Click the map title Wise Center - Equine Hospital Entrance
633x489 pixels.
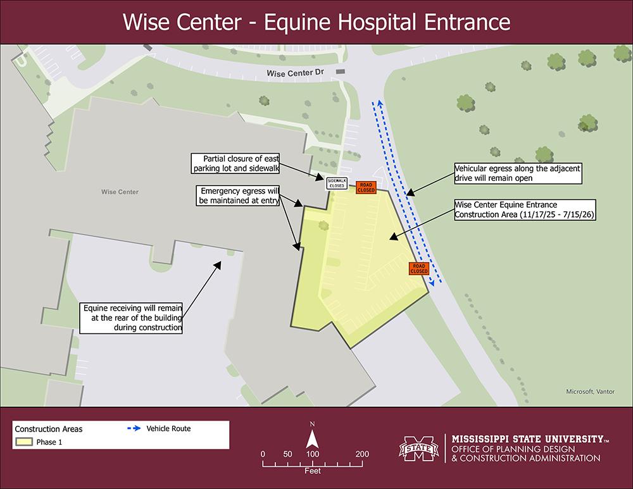pyautogui.click(x=316, y=22)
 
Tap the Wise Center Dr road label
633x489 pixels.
pyautogui.click(x=296, y=73)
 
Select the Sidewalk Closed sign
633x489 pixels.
pyautogui.click(x=336, y=183)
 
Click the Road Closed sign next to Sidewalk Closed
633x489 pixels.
pyautogui.click(x=366, y=187)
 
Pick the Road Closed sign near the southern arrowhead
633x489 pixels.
pyautogui.click(x=418, y=268)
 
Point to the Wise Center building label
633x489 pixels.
pyautogui.click(x=120, y=192)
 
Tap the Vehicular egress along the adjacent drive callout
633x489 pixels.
pyautogui.click(x=517, y=174)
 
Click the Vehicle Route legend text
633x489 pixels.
pyautogui.click(x=168, y=429)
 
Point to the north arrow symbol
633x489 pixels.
pyautogui.click(x=312, y=437)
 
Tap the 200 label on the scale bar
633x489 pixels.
pyautogui.click(x=362, y=454)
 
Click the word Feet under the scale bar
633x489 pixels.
pyautogui.click(x=312, y=471)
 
